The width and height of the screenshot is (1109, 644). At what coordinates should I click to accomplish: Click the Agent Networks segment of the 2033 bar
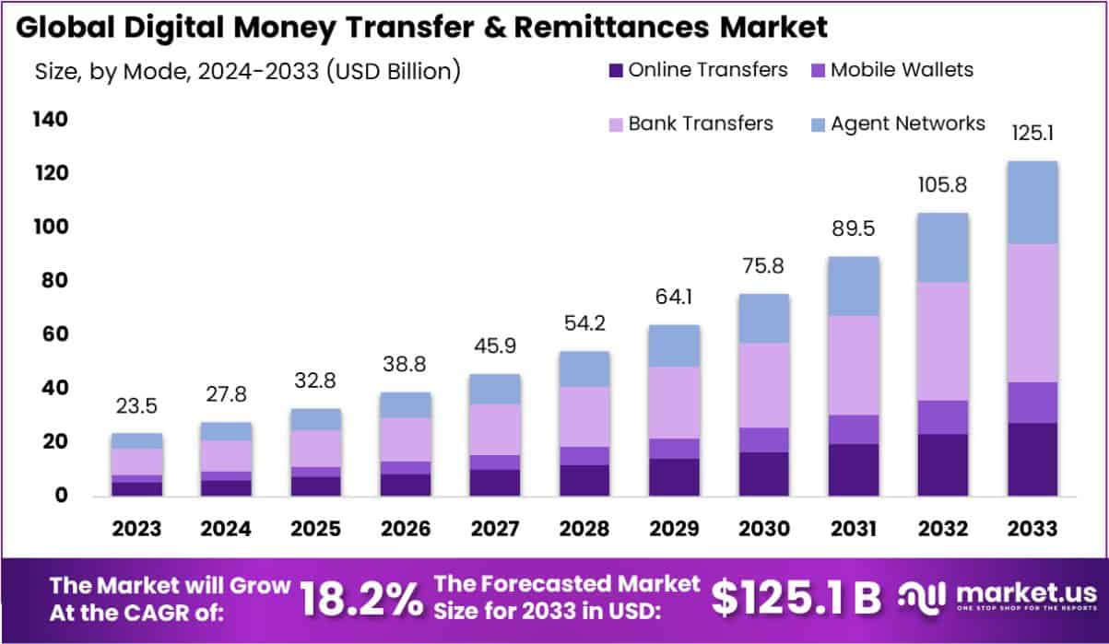pyautogui.click(x=1031, y=202)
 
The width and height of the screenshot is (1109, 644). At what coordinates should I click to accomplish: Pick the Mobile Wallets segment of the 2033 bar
pyautogui.click(x=1031, y=402)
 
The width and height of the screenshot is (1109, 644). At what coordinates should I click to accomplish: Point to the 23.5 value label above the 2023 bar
pyautogui.click(x=136, y=407)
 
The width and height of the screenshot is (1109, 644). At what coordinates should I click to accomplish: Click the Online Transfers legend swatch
pyautogui.click(x=617, y=70)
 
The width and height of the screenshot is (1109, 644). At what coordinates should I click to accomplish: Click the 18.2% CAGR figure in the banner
pyautogui.click(x=360, y=598)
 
